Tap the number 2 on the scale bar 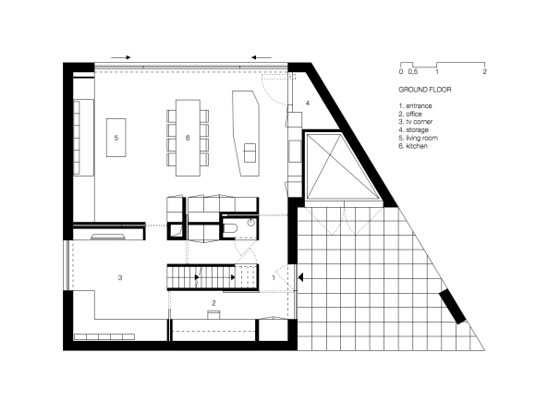click(x=484, y=71)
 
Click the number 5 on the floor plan click(x=116, y=137)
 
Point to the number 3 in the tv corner click(x=120, y=275)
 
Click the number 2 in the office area click(x=213, y=302)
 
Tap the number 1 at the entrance click(x=274, y=276)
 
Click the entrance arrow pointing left click(x=306, y=276)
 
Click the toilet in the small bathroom click(x=251, y=225)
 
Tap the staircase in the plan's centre click(x=211, y=275)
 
